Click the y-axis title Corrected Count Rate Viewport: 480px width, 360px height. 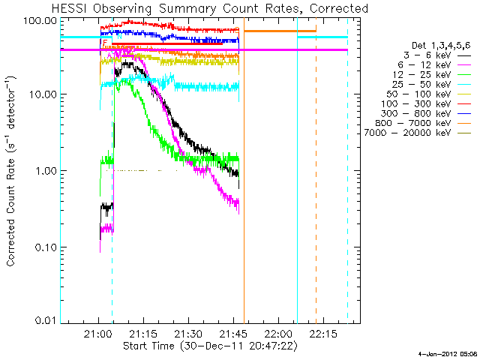point(13,171)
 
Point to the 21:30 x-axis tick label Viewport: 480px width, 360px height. point(188,334)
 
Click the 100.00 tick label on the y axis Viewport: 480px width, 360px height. point(41,19)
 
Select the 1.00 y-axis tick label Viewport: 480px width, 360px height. point(46,171)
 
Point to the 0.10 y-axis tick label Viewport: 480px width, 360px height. point(46,247)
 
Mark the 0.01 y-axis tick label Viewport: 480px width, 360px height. point(46,322)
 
